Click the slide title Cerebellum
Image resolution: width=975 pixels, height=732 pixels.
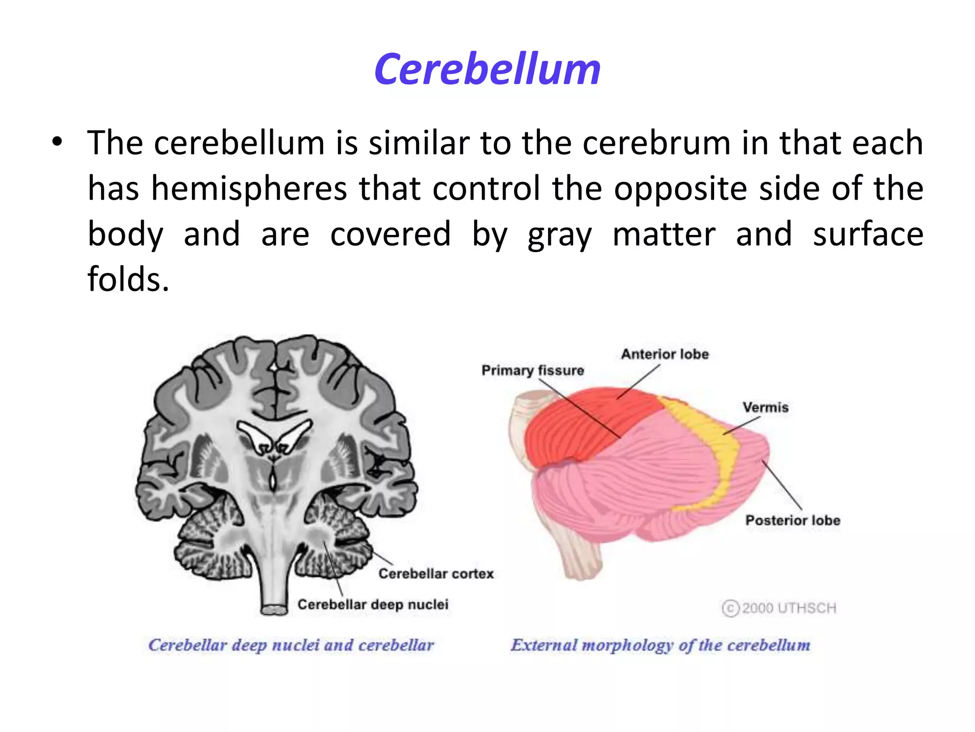[487, 70]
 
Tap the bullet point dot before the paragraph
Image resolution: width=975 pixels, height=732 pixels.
[57, 142]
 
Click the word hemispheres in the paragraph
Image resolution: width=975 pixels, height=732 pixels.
[249, 189]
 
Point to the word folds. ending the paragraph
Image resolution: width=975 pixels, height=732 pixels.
[128, 279]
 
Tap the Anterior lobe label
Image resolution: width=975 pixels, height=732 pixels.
[665, 354]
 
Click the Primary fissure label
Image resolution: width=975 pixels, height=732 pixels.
[532, 370]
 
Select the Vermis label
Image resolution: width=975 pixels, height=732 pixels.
[766, 407]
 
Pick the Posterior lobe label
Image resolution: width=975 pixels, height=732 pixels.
[793, 520]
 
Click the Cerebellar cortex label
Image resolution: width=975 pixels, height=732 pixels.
[436, 573]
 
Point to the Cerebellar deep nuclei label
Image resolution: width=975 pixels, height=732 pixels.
[373, 604]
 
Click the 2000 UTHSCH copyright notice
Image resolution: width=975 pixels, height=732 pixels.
[779, 608]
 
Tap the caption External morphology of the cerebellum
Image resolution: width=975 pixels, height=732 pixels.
[660, 645]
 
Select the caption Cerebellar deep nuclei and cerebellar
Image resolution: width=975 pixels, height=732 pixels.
[291, 645]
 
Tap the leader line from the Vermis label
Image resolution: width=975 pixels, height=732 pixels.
[742, 426]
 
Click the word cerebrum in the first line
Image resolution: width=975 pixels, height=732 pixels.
[657, 143]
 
